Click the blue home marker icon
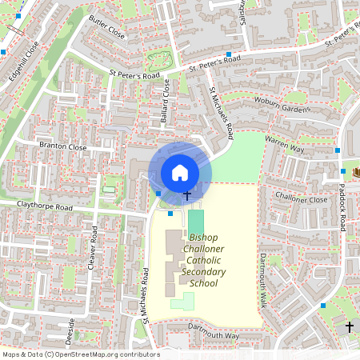click(180, 172)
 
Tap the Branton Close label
click(62, 147)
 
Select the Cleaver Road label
click(93, 246)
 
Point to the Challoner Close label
click(301, 198)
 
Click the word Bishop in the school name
click(205, 238)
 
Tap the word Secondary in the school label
click(204, 272)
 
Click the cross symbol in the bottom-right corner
click(349, 326)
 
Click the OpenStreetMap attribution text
click(80, 354)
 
